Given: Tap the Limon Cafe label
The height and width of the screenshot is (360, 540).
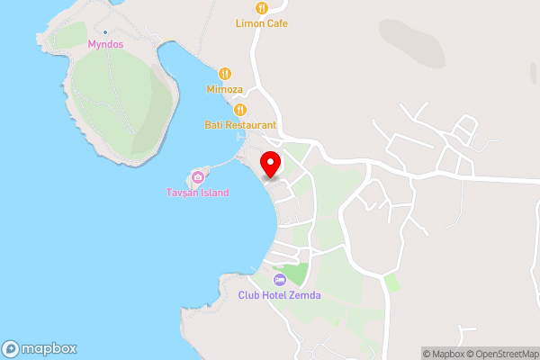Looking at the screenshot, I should (x=261, y=23).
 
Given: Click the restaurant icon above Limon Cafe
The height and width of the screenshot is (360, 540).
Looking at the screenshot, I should (x=261, y=8).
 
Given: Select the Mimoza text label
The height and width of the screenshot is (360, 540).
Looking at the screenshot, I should (x=225, y=90).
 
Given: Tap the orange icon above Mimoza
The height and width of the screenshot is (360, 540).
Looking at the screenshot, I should (x=225, y=74).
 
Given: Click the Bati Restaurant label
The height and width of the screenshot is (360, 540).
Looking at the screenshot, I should (x=239, y=125).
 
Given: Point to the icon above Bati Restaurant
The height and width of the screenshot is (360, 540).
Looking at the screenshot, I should (x=239, y=110).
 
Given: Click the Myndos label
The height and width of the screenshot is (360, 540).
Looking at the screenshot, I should (x=104, y=43).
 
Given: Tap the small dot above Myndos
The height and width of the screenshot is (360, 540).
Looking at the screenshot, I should (x=105, y=31).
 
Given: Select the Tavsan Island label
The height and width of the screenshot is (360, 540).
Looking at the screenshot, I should (x=197, y=193).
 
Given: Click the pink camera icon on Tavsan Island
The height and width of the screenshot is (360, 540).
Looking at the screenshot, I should (x=197, y=176).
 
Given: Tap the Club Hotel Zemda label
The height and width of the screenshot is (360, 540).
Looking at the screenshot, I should (x=279, y=295).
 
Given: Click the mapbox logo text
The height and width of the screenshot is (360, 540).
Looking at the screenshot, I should (x=49, y=349).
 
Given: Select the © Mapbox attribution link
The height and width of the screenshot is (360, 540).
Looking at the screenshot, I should (x=445, y=354).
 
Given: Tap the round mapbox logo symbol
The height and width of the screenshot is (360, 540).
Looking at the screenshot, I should (x=11, y=349).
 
